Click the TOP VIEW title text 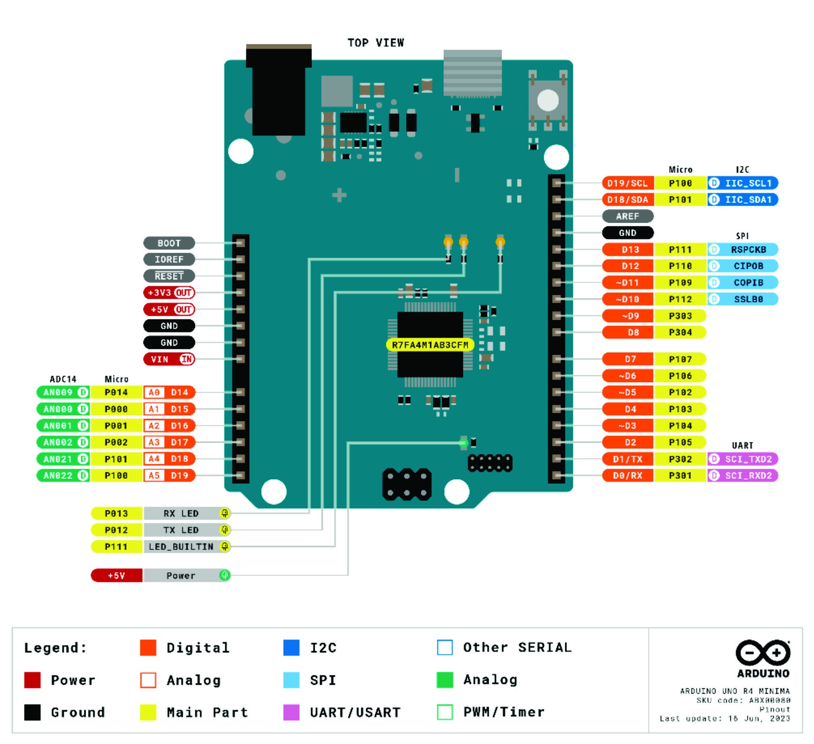point(376,43)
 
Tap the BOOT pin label point(169,243)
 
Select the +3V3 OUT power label point(169,292)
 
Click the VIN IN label point(169,359)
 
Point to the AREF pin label point(627,216)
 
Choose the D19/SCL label point(627,183)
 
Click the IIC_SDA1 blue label point(742,200)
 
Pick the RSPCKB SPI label point(742,249)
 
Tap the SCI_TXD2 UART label point(742,459)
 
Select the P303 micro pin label point(680,316)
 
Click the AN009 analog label point(63,392)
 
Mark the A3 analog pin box point(154,442)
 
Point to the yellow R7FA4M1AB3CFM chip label point(430,345)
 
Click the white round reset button point(548,100)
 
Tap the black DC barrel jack point(279,90)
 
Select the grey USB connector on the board point(473,73)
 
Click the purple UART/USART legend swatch point(291,712)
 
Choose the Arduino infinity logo point(763,653)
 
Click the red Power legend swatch point(32,680)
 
